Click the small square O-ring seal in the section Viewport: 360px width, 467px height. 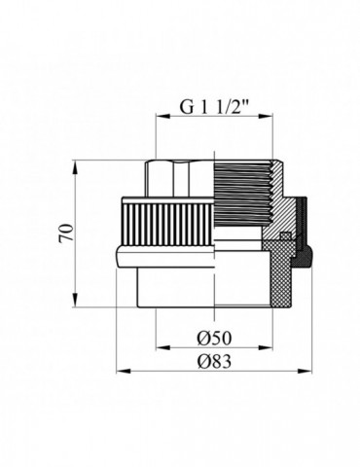click(x=285, y=235)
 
